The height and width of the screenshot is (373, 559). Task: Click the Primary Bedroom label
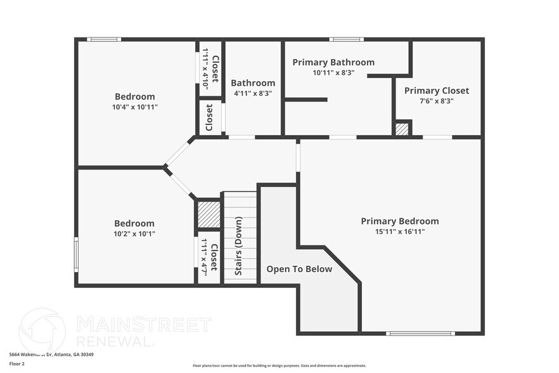[x=399, y=221]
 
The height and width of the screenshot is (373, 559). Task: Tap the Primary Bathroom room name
[x=333, y=62]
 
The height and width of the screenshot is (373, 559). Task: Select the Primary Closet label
[x=436, y=91]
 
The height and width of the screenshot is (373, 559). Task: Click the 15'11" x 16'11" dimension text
[x=399, y=232]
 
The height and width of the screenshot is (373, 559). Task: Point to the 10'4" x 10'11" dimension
[x=134, y=107]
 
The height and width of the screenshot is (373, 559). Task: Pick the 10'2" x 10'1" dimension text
[x=134, y=233]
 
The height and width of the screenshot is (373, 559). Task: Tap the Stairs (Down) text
[x=239, y=246]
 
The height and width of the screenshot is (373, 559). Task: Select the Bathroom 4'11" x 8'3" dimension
[x=252, y=93]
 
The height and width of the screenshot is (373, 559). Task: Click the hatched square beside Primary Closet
[x=402, y=129]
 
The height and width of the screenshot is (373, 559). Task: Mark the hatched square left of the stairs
[x=209, y=214]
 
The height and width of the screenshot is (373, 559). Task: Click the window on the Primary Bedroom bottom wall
[x=420, y=333]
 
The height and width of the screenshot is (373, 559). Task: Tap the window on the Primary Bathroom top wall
[x=347, y=39]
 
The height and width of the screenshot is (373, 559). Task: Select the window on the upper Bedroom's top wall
[x=104, y=39]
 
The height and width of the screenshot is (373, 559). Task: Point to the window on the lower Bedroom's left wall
[x=76, y=254]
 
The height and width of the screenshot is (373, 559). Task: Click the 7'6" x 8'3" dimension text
[x=436, y=101]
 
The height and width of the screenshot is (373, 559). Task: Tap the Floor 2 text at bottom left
[x=17, y=363]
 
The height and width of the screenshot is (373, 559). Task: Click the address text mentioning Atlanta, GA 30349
[x=48, y=355]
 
